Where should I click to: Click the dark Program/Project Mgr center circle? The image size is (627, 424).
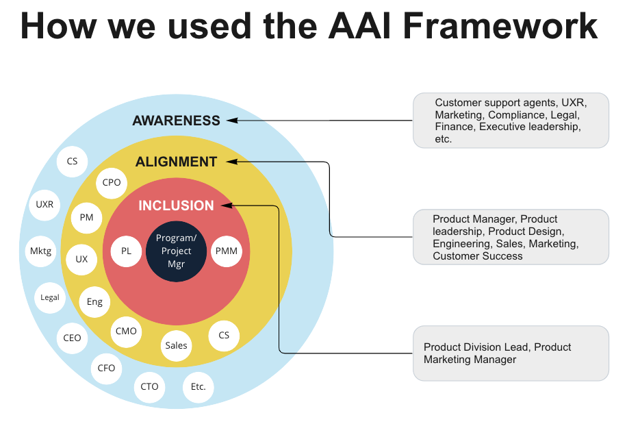tap(176, 251)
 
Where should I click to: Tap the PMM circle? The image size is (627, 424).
tap(226, 251)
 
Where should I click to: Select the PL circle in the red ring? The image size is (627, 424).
tap(127, 251)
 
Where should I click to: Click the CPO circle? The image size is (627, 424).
tap(111, 182)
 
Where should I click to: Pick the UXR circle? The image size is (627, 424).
tap(44, 204)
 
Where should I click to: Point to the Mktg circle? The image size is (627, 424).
tap(40, 251)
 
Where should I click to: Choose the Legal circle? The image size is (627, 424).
tap(50, 297)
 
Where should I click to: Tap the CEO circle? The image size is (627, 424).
tap(72, 338)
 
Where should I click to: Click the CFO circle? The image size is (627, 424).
tap(106, 368)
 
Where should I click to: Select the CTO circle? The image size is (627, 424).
tap(149, 386)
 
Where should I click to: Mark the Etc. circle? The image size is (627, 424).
tap(198, 386)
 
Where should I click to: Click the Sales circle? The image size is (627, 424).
tap(176, 345)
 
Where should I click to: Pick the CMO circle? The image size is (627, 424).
tap(126, 331)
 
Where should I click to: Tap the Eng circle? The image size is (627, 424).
tap(94, 301)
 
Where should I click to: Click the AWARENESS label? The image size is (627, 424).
tap(176, 121)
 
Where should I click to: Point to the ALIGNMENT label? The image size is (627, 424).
tap(176, 162)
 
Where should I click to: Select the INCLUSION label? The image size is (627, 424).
tap(176, 205)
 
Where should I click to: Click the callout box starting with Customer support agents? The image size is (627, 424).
tap(511, 121)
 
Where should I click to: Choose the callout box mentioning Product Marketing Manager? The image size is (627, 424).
tap(511, 353)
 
